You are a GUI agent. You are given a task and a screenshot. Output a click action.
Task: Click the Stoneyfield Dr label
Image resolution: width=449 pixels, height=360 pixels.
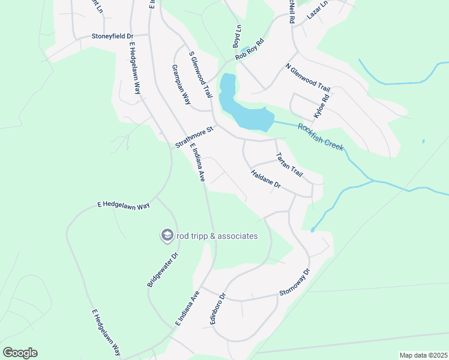112,36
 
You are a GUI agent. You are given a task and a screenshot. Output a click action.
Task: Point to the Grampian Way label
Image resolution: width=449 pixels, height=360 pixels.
181,85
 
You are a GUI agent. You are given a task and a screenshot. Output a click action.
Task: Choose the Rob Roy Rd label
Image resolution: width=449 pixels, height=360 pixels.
250,50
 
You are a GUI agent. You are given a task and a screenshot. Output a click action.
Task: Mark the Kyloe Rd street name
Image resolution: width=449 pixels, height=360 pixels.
322,106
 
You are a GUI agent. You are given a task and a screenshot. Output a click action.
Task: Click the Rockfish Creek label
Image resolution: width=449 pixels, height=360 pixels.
321,135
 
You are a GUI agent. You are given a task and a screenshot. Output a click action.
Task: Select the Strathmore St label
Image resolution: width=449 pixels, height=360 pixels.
194,137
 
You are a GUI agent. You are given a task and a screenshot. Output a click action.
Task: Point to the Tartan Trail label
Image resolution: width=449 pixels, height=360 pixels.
289,164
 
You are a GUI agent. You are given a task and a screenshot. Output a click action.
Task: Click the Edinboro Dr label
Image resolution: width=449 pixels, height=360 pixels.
217,308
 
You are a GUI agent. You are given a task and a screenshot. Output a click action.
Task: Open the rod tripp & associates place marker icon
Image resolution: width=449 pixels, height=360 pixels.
166,236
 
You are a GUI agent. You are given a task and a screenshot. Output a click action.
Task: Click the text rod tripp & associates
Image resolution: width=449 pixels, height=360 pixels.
217,236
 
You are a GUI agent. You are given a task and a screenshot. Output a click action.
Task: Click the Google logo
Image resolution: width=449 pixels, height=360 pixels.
20,353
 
